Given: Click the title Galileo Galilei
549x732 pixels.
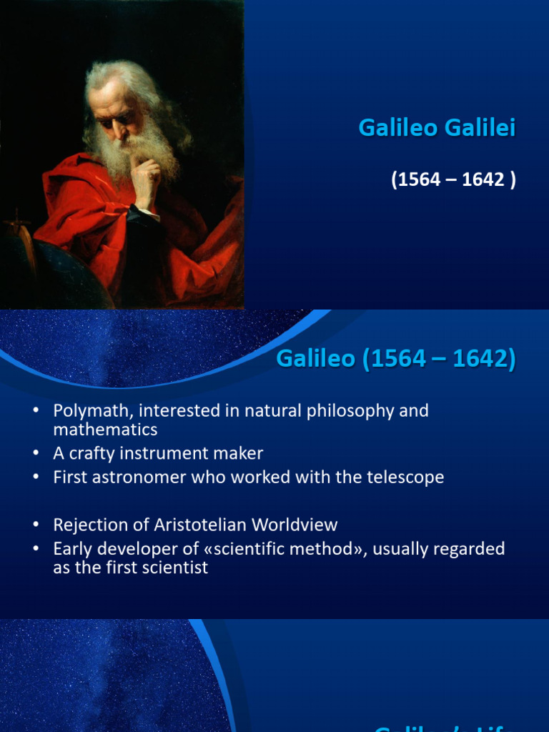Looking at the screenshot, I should pos(436,128).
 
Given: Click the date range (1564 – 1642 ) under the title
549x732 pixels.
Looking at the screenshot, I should pos(452,179).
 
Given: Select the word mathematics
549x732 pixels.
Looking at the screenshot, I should pos(105,430).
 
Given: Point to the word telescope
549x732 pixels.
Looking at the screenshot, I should pos(408,477).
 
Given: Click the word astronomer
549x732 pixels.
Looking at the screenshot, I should pos(140,477).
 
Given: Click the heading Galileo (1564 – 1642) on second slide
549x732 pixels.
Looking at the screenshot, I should pos(395,358).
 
